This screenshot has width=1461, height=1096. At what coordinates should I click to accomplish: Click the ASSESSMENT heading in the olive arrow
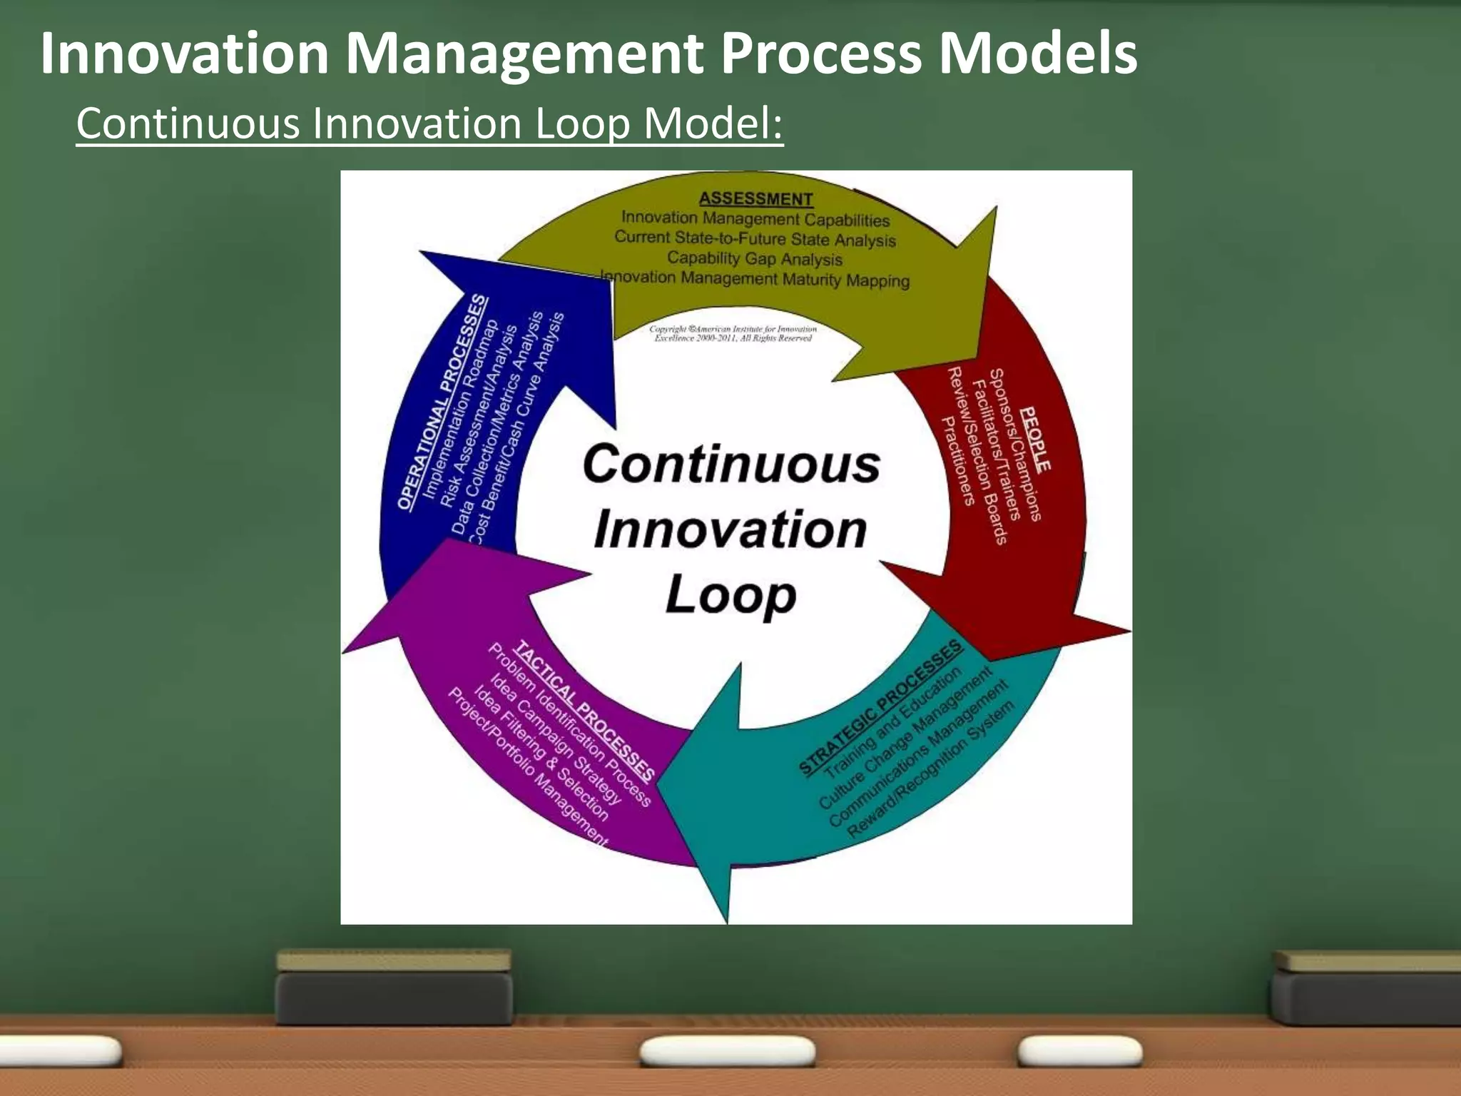(x=755, y=199)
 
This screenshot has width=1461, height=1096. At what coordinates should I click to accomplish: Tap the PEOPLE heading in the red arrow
(x=1035, y=439)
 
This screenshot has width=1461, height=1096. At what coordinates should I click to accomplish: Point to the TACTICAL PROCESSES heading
(x=584, y=710)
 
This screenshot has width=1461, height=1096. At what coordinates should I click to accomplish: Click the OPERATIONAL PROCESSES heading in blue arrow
(x=443, y=402)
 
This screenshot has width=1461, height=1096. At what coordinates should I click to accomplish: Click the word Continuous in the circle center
(x=731, y=464)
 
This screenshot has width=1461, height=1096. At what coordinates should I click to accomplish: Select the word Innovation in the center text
(x=730, y=529)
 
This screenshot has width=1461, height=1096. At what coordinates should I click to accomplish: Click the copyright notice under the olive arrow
(x=733, y=333)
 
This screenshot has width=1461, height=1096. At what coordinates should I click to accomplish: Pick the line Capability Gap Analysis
(x=755, y=258)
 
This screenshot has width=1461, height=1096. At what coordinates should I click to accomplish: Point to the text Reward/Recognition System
(x=931, y=771)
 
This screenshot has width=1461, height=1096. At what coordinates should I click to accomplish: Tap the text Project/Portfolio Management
(x=528, y=766)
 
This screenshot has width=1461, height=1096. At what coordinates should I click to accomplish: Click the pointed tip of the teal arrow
(x=726, y=922)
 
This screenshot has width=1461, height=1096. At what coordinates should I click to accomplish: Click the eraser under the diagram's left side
(x=394, y=988)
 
